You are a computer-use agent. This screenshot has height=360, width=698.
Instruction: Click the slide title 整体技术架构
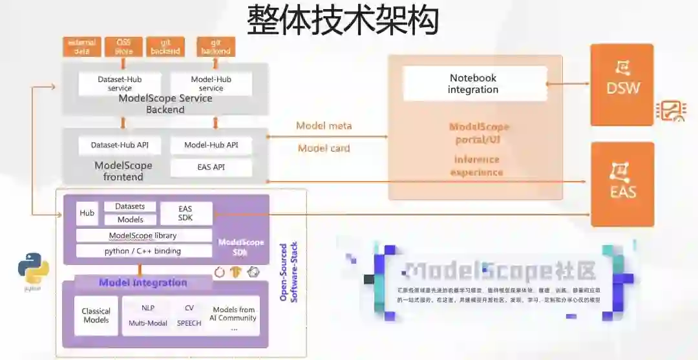[x=343, y=21]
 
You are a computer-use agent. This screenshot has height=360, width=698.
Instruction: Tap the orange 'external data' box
[x=81, y=47]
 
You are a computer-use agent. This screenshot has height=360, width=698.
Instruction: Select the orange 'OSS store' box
[x=123, y=47]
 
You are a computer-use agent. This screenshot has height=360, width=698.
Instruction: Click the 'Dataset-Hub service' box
[x=120, y=83]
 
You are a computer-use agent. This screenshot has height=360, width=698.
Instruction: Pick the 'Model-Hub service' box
[x=211, y=83]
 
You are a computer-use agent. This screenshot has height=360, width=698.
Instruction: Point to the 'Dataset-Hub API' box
[x=120, y=145]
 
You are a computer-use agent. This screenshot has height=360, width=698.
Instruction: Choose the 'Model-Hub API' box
[x=211, y=145]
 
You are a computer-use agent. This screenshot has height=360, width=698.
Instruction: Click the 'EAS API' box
[x=211, y=167]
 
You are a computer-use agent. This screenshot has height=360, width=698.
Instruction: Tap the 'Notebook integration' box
[x=473, y=83]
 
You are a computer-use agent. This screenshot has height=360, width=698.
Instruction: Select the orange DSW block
[x=621, y=85]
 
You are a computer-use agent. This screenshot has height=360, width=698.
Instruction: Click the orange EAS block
[x=622, y=184]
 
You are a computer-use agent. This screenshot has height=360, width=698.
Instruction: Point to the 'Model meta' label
[x=324, y=125]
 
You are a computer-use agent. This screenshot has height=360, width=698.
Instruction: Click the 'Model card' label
[x=324, y=148]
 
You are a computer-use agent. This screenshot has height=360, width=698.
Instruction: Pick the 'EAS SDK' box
[x=186, y=213]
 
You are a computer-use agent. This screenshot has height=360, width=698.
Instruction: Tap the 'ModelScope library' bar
[x=143, y=235]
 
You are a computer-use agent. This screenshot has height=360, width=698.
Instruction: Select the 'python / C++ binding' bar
[x=143, y=251]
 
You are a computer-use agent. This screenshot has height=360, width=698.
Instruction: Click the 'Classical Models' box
[x=96, y=315]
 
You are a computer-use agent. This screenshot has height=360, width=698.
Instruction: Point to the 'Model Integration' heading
[x=143, y=282]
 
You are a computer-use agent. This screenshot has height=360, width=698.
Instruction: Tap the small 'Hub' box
[x=87, y=213]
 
